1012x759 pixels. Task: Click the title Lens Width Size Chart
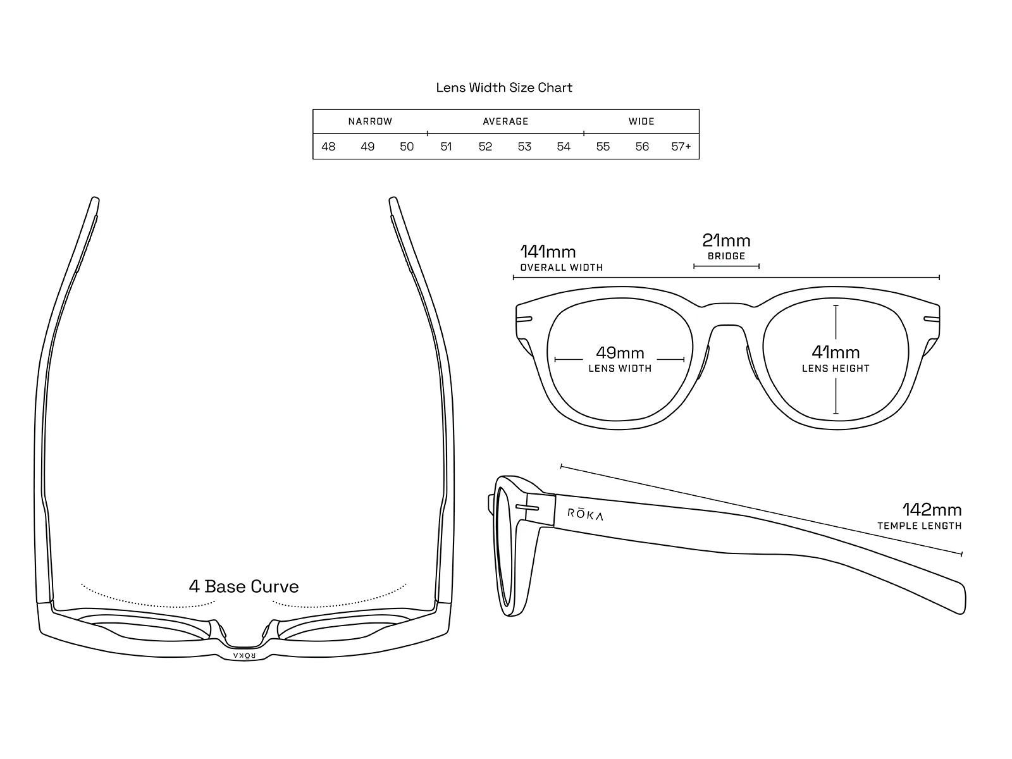(504, 87)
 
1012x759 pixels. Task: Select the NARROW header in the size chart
(370, 121)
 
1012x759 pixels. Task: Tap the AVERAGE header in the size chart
(505, 121)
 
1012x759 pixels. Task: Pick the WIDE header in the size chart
(641, 121)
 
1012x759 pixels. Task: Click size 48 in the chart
(328, 147)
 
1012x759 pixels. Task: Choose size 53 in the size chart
(524, 147)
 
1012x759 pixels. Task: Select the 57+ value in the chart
(681, 147)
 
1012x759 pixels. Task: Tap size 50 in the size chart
(407, 147)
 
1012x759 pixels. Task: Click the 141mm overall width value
(548, 252)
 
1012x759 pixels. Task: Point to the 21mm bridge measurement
(726, 240)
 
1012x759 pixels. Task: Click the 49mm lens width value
(620, 352)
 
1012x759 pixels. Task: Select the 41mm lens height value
(836, 352)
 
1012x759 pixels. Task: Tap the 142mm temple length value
(932, 510)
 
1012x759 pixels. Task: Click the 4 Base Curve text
(244, 586)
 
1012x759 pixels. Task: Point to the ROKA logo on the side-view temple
(585, 514)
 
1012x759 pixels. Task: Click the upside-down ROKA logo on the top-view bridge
(245, 655)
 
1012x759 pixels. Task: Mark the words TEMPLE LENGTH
(919, 526)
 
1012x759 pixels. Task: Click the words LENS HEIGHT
(836, 369)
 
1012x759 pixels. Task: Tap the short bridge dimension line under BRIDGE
(726, 266)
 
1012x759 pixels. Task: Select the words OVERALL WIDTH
(562, 268)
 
